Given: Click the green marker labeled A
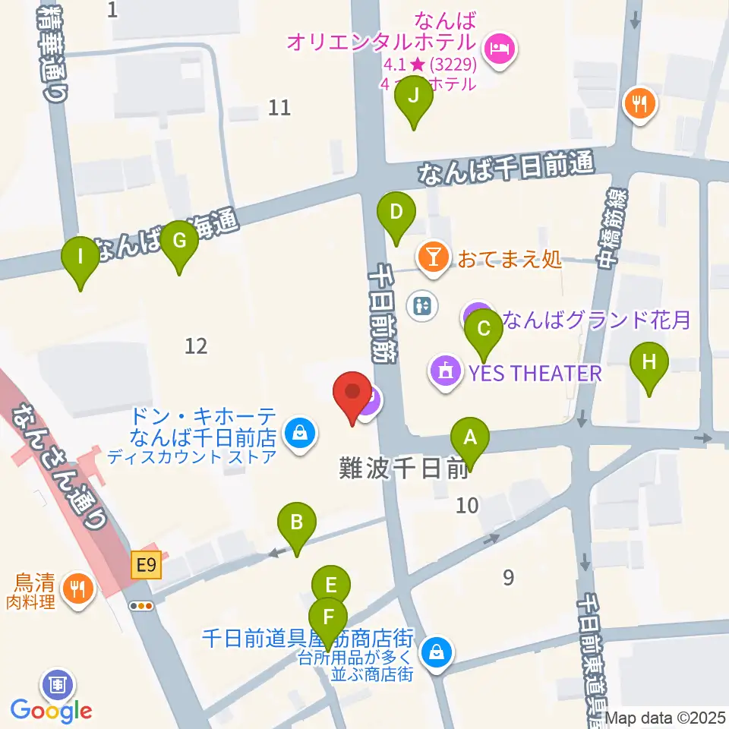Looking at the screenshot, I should pyautogui.click(x=470, y=439).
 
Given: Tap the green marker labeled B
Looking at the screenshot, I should pyautogui.click(x=297, y=523).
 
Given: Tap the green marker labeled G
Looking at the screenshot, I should pyautogui.click(x=179, y=241).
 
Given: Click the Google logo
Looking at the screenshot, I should pyautogui.click(x=52, y=711).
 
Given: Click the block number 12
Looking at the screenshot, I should pyautogui.click(x=196, y=346).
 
